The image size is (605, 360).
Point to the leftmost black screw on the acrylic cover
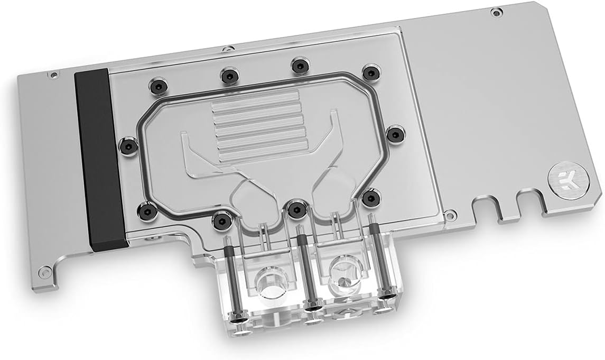(127, 144)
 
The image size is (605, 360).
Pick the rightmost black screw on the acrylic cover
(394, 134)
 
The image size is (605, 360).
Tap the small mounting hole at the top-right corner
(495, 11)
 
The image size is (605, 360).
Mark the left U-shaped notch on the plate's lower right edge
(486, 208)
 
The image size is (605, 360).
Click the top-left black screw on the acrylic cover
(156, 85)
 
